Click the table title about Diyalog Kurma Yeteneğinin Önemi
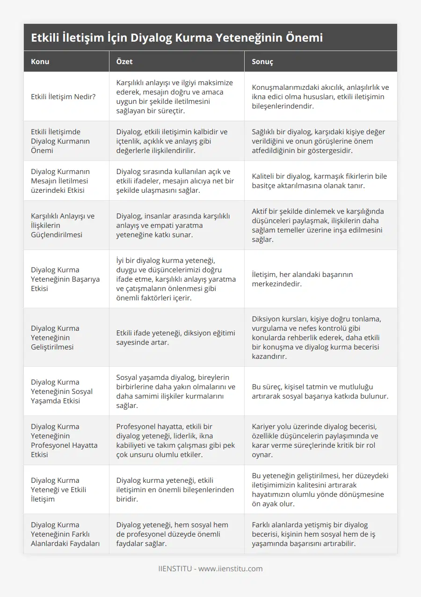tap(177, 37)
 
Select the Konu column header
tap(40, 61)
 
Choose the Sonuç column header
tap(262, 61)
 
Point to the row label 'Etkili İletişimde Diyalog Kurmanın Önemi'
tap(60, 141)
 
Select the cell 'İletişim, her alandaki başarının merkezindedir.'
tap(302, 279)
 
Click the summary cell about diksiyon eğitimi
tap(175, 337)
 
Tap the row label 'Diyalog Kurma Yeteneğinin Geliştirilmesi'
tap(55, 337)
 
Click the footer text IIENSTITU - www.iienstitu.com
tap(210, 569)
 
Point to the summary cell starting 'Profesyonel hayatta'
tap(176, 440)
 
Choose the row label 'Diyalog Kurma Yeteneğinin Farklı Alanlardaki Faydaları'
tap(64, 534)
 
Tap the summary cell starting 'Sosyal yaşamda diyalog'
tap(175, 391)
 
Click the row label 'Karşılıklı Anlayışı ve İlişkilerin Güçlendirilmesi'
tap(63, 225)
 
